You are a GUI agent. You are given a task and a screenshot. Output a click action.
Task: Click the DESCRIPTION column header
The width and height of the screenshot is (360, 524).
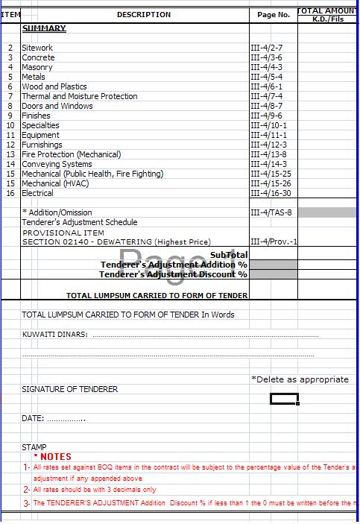[x=143, y=15]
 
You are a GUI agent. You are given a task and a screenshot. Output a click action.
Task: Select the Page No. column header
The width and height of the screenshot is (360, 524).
[x=273, y=15]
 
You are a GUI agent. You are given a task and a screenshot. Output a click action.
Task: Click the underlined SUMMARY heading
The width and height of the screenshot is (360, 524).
[x=44, y=28]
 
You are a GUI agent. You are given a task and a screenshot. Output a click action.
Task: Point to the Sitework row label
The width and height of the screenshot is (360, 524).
[x=37, y=48]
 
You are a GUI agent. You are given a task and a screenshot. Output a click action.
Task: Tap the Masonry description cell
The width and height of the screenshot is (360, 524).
[x=37, y=67]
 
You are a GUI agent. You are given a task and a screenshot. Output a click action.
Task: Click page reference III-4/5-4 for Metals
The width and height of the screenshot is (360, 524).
[x=266, y=77]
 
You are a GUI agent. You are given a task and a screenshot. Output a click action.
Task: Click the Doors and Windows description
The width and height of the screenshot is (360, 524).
[x=57, y=106]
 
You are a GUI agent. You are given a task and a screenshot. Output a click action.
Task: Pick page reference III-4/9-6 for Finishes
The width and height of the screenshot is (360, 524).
[x=266, y=116]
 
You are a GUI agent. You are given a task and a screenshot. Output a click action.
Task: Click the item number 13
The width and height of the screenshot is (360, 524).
[x=10, y=154]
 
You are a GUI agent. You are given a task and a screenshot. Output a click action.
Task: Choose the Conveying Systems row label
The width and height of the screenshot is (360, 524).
[x=57, y=164]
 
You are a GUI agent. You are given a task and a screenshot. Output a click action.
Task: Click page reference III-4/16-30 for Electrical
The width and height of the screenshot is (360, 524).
[x=271, y=193]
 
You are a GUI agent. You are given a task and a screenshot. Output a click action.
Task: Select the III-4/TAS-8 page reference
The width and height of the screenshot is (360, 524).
[x=271, y=212]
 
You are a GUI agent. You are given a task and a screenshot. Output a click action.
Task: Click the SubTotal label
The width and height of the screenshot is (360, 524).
[x=229, y=255]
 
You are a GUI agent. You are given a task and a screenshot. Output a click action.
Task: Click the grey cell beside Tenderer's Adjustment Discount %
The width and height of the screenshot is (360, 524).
[x=274, y=274]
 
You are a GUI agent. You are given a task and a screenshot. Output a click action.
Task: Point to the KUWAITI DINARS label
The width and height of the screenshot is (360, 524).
[x=54, y=335]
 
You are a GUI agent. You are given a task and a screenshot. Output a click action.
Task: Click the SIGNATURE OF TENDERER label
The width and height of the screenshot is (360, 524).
[x=69, y=389]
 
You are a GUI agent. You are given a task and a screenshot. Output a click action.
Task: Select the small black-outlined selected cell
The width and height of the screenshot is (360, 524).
[x=284, y=400]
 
